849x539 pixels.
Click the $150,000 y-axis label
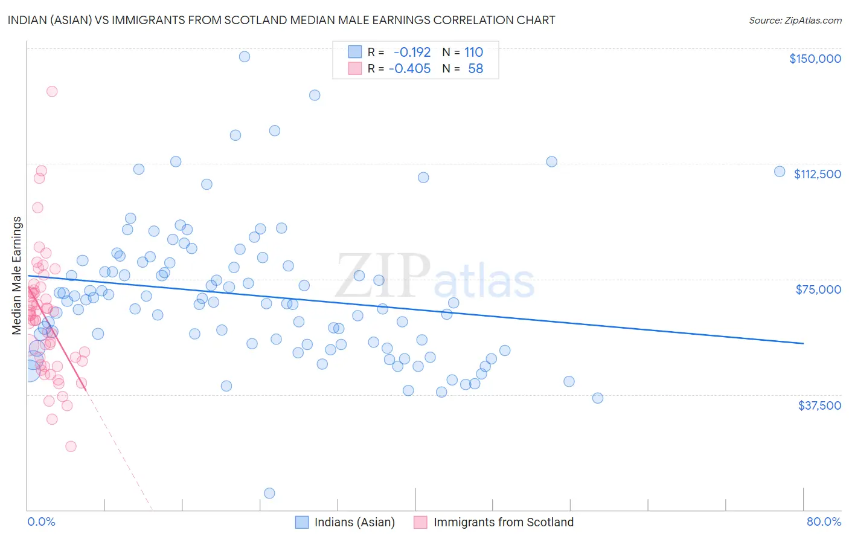tap(815, 59)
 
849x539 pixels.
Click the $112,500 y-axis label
tap(817, 174)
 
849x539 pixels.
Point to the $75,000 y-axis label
tap(818, 289)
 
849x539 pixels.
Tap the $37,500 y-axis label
tap(819, 405)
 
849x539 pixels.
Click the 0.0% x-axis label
tap(41, 521)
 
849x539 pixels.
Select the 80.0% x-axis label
tap(824, 521)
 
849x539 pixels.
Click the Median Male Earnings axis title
tap(17, 275)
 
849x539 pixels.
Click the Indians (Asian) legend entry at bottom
tap(354, 522)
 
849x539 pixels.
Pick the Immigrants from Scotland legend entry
tap(503, 522)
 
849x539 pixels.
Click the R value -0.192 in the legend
tap(412, 52)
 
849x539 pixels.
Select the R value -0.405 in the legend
tap(409, 68)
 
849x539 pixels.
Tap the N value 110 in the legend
tap(473, 52)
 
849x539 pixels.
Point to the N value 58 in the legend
tap(475, 68)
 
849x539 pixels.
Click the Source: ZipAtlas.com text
tap(795, 20)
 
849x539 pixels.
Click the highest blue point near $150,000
tap(245, 57)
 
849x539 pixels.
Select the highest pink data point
tap(52, 91)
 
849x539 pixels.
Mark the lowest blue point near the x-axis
tap(269, 493)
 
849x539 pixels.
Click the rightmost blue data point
tap(780, 172)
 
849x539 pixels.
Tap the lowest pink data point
tap(71, 447)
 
